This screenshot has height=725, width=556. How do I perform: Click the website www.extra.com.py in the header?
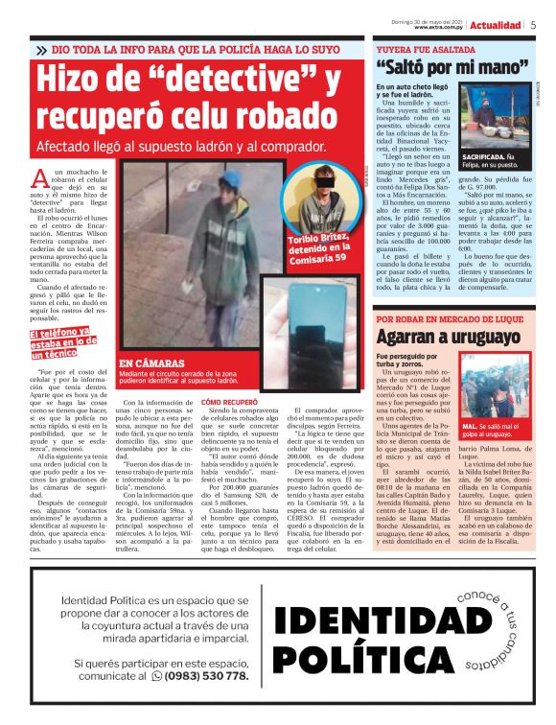(x=439, y=28)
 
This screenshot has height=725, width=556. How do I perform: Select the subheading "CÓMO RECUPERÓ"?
(x=230, y=402)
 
